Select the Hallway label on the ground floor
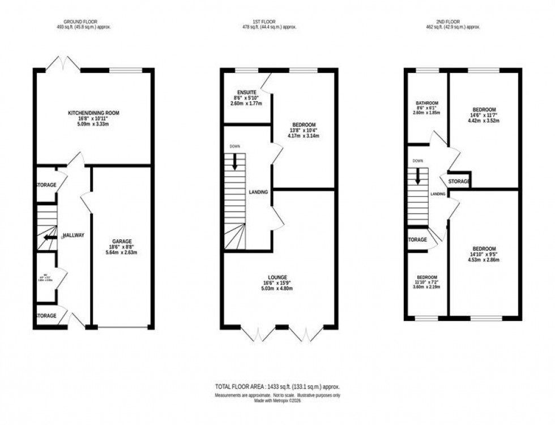click(x=73, y=235)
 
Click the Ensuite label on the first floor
click(x=247, y=92)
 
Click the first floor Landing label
click(x=258, y=192)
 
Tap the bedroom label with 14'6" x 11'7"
click(x=484, y=109)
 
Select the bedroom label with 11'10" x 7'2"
click(x=427, y=278)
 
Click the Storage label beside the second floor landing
click(x=459, y=182)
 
